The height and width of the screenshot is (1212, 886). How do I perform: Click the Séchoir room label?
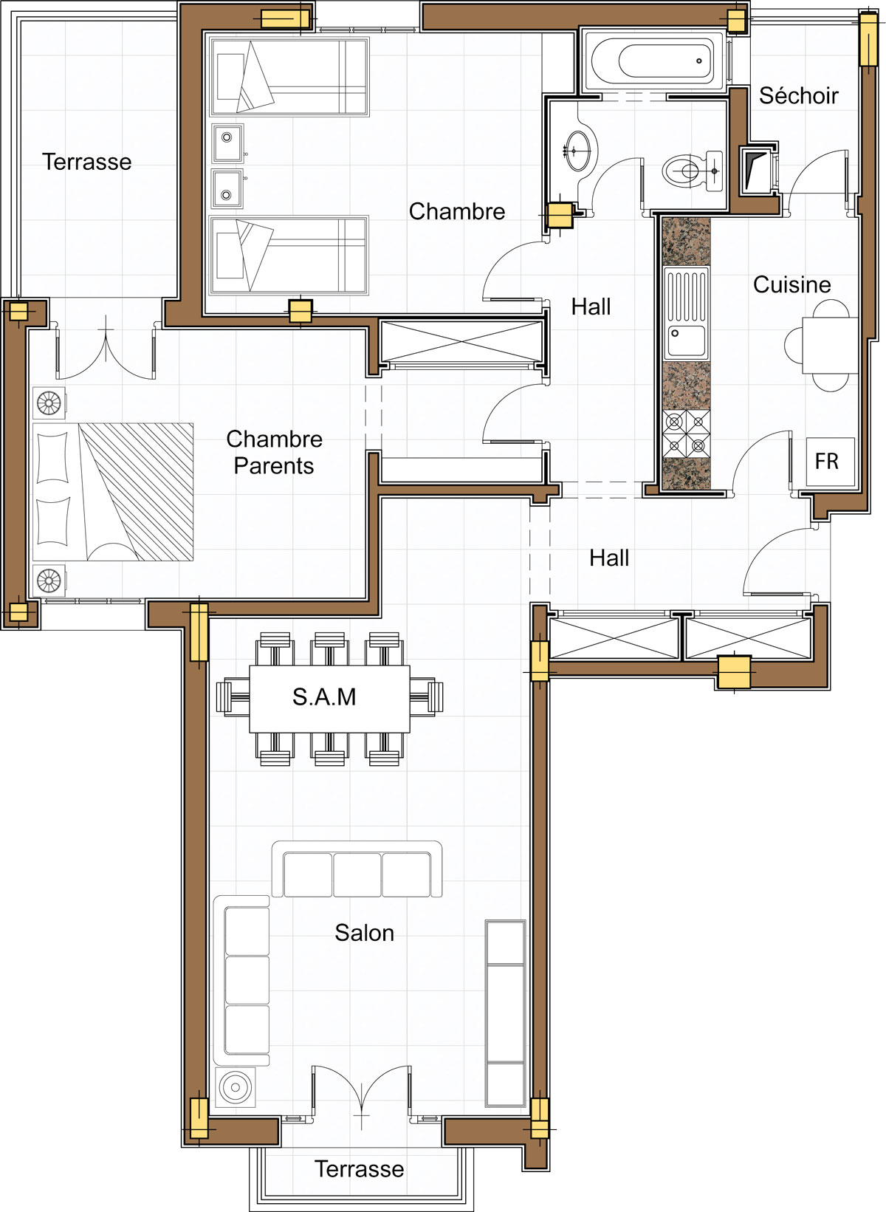click(x=798, y=96)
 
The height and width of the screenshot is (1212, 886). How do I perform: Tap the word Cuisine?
click(x=792, y=284)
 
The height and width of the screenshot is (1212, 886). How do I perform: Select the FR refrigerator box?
click(x=831, y=462)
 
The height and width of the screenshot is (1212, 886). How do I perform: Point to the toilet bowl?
click(x=693, y=171)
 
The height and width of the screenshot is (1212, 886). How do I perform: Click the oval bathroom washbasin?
click(x=579, y=150)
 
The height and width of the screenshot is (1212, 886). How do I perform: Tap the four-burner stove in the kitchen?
click(x=687, y=434)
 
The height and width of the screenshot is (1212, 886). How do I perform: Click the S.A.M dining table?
click(x=329, y=699)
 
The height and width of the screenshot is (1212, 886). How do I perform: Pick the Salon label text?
click(x=365, y=932)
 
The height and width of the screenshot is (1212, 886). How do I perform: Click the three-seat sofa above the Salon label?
click(x=357, y=869)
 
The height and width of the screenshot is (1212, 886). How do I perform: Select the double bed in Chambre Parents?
click(x=113, y=492)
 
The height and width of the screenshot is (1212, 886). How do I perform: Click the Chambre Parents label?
click(x=274, y=452)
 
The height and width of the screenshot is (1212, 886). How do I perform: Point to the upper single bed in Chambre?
click(x=289, y=76)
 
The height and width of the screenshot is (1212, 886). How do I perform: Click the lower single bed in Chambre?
click(x=289, y=256)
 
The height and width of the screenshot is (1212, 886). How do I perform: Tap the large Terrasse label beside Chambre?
click(x=87, y=162)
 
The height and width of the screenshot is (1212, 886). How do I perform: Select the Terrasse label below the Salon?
click(x=359, y=1168)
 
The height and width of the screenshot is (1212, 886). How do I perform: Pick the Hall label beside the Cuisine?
click(x=591, y=307)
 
